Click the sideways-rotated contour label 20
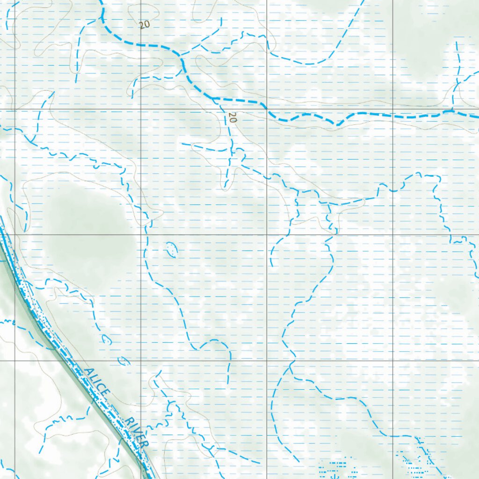[x=232, y=117]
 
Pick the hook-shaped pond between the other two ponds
[x=106, y=340]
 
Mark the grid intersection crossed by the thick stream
[x=267, y=110]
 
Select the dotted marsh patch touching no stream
[x=334, y=468]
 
